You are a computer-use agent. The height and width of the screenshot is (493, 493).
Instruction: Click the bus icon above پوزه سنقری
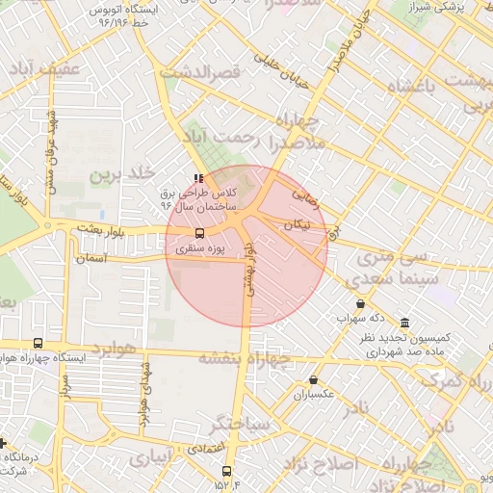(200, 233)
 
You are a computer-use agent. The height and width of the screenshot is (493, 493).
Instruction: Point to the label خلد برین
(122, 175)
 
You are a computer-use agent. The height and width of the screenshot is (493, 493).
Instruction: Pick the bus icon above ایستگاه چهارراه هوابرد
(38, 343)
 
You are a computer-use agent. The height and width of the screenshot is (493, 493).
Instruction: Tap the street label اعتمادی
(204, 449)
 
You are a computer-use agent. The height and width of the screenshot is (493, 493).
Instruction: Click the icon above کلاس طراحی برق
(198, 178)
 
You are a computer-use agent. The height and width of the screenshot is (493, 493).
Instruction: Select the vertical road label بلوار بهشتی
(248, 273)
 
